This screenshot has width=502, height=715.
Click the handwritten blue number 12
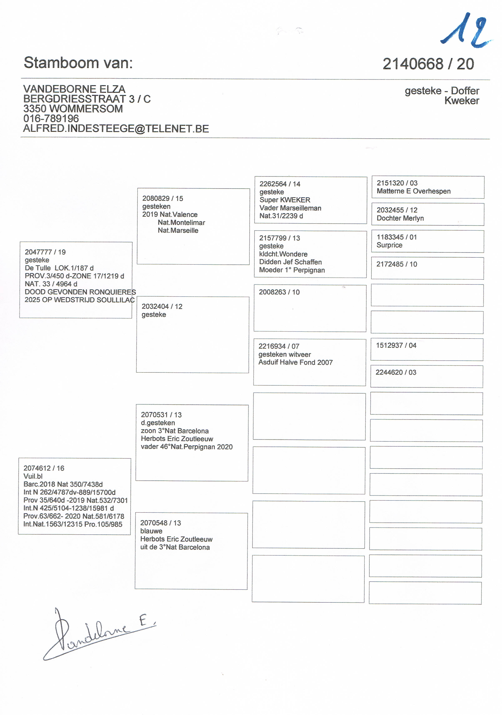466,31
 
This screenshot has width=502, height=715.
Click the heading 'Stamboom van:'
78,63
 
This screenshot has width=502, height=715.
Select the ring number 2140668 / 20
428,64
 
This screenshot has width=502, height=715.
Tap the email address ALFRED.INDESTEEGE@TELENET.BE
116,129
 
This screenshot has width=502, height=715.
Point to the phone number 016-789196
51,118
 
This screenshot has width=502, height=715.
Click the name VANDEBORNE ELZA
74,89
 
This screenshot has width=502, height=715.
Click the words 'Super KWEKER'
285,200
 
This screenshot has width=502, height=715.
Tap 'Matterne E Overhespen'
413,191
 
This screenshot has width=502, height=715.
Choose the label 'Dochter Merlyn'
400,218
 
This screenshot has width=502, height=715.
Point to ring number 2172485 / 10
397,264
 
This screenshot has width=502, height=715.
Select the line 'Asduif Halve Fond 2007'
295,362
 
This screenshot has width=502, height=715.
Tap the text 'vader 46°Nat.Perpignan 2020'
187,447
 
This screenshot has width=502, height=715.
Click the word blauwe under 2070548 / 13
151,531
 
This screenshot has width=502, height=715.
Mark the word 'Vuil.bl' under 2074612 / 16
33,476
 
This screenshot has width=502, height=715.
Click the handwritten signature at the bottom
97,635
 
